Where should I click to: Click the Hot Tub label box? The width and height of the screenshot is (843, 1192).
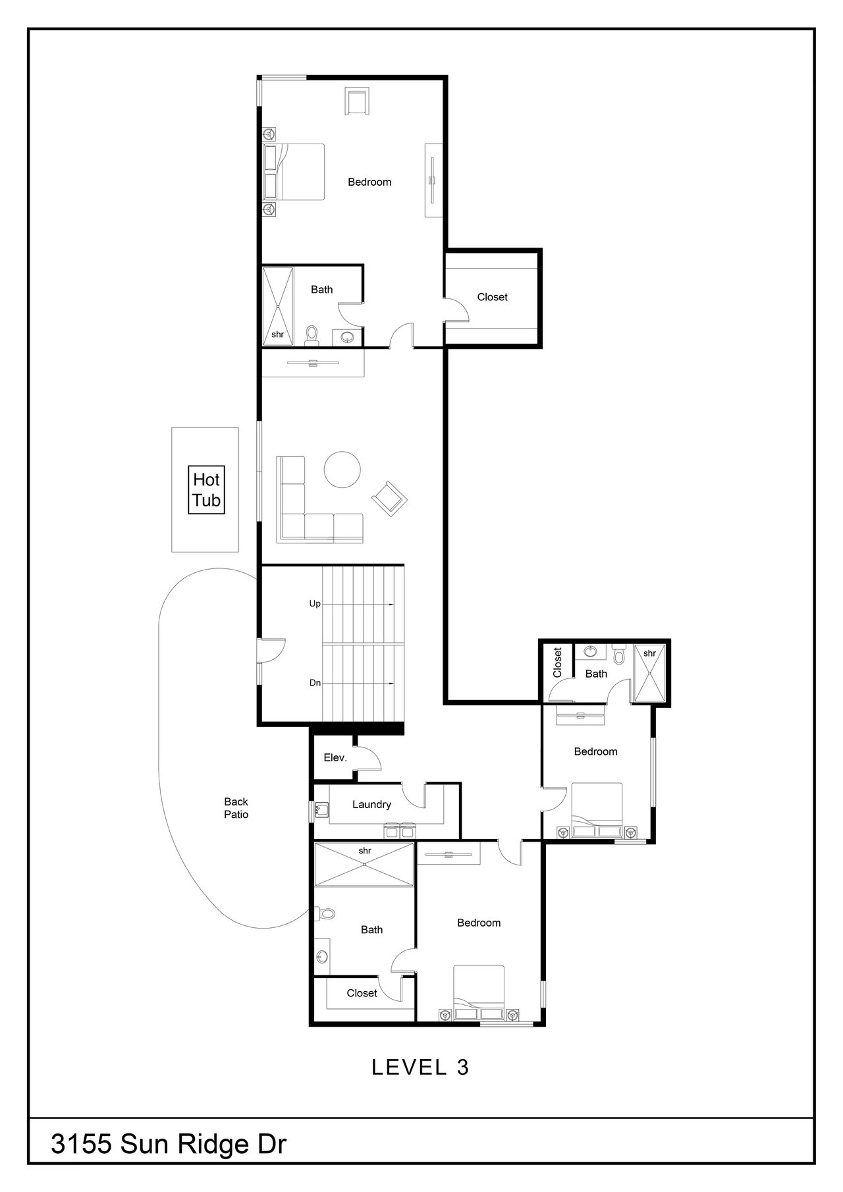click(206, 491)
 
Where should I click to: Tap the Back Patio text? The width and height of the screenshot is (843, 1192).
click(236, 808)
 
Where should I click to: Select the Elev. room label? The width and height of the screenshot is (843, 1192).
click(335, 758)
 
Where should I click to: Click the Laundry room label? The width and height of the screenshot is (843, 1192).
click(371, 804)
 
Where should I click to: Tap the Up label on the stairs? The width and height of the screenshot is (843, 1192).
click(315, 604)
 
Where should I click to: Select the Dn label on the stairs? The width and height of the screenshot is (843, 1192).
click(315, 683)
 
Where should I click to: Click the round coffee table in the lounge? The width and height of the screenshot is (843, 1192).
click(342, 470)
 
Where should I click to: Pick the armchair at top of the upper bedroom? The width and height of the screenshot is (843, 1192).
click(358, 101)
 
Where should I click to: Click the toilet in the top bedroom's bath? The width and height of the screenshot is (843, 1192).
click(312, 335)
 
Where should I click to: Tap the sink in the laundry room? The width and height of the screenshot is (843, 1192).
click(321, 809)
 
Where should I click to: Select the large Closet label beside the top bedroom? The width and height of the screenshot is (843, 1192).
click(493, 297)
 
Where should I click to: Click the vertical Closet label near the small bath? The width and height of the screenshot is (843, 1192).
click(558, 663)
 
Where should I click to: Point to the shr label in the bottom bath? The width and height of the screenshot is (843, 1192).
click(365, 850)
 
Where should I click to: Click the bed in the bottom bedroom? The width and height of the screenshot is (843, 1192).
click(479, 993)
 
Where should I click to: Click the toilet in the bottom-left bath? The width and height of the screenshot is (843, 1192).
click(325, 913)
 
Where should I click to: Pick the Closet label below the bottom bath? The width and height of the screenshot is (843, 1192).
click(362, 992)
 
